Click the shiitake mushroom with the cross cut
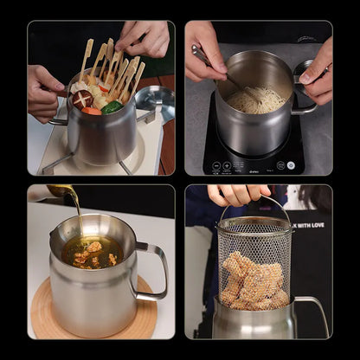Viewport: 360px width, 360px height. click(82, 99)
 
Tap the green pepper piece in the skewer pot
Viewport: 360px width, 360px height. click(112, 106)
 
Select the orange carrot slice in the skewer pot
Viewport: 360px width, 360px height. click(92, 111)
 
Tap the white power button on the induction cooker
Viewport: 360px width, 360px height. click(291, 164)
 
